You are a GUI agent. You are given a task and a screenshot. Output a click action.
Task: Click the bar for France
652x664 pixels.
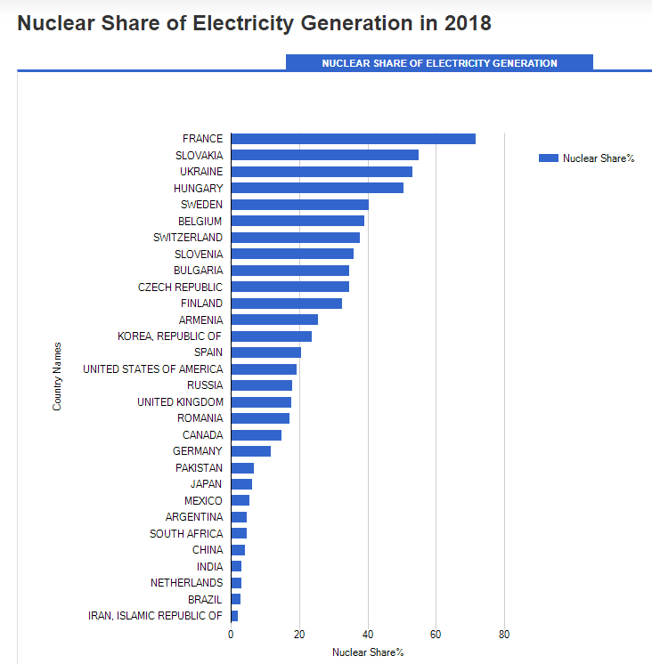(353, 139)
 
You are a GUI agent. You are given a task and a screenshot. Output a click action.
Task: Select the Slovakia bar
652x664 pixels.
(324, 155)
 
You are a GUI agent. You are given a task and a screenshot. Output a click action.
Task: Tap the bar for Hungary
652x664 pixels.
(316, 188)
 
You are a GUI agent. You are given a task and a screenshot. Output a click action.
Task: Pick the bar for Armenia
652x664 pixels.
(274, 320)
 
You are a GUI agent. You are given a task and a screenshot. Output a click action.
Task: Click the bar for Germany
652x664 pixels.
(250, 451)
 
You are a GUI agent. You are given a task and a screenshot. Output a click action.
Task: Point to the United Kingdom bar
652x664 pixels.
(261, 402)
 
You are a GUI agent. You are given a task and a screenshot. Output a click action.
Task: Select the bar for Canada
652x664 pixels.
(256, 435)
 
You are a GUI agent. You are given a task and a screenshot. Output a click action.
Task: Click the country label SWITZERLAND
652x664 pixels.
(188, 238)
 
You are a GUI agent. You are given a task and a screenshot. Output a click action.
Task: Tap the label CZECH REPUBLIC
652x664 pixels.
(180, 287)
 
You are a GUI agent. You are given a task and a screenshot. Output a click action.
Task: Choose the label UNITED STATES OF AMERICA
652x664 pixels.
(152, 369)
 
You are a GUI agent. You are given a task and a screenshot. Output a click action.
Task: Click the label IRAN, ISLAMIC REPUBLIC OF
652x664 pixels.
(155, 616)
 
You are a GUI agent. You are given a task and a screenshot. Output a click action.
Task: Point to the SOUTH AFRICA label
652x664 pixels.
(186, 534)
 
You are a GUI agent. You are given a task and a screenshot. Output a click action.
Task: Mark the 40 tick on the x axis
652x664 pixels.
(368, 635)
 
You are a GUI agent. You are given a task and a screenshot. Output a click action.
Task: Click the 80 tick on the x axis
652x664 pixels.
(504, 635)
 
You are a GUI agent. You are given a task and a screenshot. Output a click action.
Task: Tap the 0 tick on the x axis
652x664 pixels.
(231, 635)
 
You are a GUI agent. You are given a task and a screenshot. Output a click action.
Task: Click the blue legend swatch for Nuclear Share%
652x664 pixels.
(549, 158)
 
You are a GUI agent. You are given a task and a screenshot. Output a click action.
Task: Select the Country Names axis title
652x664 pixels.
(58, 376)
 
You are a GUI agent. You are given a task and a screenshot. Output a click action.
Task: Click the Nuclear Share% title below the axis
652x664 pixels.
(368, 652)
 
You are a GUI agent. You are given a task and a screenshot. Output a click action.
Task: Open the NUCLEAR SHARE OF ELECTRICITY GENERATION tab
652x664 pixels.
(439, 63)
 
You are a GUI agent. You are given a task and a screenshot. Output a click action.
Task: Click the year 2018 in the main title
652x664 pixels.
(466, 23)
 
